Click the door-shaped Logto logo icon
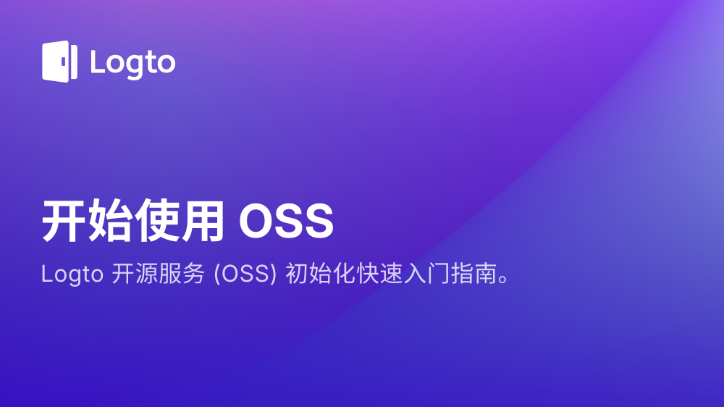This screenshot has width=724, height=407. coord(59,62)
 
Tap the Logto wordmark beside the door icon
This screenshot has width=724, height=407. coord(133,63)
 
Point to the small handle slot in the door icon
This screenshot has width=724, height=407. coord(64,62)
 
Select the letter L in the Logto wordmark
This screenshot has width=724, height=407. coord(97,61)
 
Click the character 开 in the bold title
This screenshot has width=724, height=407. coord(64,221)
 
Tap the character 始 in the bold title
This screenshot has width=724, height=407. coord(110,221)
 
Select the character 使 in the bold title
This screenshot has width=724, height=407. coord(156,221)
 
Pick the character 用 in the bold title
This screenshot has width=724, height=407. coord(203,221)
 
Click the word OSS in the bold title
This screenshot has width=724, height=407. coord(286,222)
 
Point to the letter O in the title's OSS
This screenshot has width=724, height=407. coord(257,222)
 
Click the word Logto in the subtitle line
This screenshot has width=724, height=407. coord(72,274)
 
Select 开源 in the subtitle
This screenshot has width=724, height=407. coord(135,274)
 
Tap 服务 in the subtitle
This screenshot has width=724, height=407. coord(182,274)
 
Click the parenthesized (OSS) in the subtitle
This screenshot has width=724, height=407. coord(245,274)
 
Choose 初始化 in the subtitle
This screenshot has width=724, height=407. coord(321,274)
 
